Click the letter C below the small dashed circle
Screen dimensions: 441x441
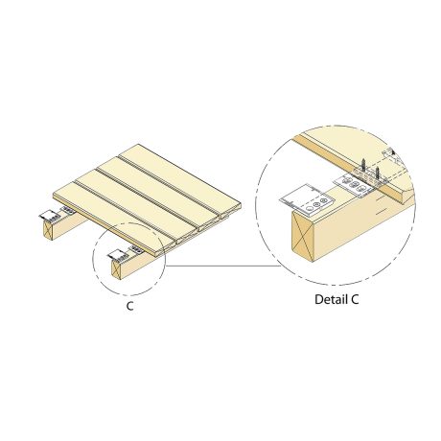click(129, 306)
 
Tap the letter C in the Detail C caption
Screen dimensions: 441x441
click(355, 299)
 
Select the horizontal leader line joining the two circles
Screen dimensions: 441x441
click(222, 266)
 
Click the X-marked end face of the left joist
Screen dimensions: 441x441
click(47, 230)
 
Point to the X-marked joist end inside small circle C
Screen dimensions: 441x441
click(116, 270)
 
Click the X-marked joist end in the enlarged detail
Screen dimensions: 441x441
click(303, 238)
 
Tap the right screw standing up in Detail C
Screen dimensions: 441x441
click(378, 174)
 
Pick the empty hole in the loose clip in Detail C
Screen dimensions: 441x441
click(309, 209)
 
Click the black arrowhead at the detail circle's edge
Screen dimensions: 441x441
click(394, 153)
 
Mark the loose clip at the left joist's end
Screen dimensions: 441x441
click(49, 216)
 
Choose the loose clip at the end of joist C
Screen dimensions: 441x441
click(119, 255)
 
